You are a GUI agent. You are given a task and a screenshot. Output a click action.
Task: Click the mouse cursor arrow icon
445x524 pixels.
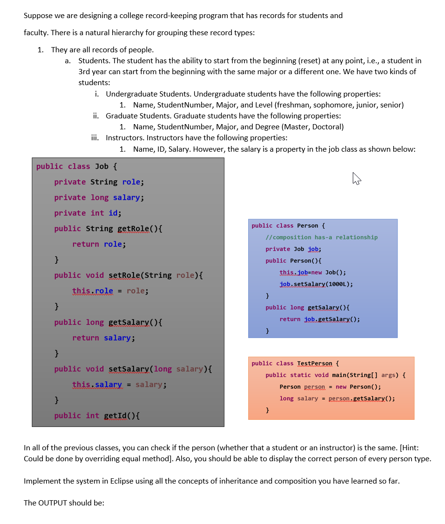(x=357, y=179)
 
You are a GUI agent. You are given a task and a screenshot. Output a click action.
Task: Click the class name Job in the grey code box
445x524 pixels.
(x=101, y=166)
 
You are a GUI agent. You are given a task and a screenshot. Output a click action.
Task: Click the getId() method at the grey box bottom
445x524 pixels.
(x=121, y=416)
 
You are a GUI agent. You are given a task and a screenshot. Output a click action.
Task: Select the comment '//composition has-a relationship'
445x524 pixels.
(x=321, y=237)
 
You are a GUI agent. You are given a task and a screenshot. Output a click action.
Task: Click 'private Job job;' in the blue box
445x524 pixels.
(x=293, y=249)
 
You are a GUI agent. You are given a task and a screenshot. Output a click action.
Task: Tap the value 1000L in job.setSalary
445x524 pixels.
(x=340, y=284)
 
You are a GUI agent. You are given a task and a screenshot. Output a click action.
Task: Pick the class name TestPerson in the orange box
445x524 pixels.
(x=315, y=363)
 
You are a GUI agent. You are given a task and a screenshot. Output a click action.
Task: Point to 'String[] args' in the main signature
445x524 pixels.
(x=373, y=375)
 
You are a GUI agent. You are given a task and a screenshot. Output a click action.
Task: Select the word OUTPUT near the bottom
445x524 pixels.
(x=53, y=503)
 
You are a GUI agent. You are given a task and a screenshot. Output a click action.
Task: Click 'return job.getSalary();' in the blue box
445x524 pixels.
(x=319, y=319)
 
